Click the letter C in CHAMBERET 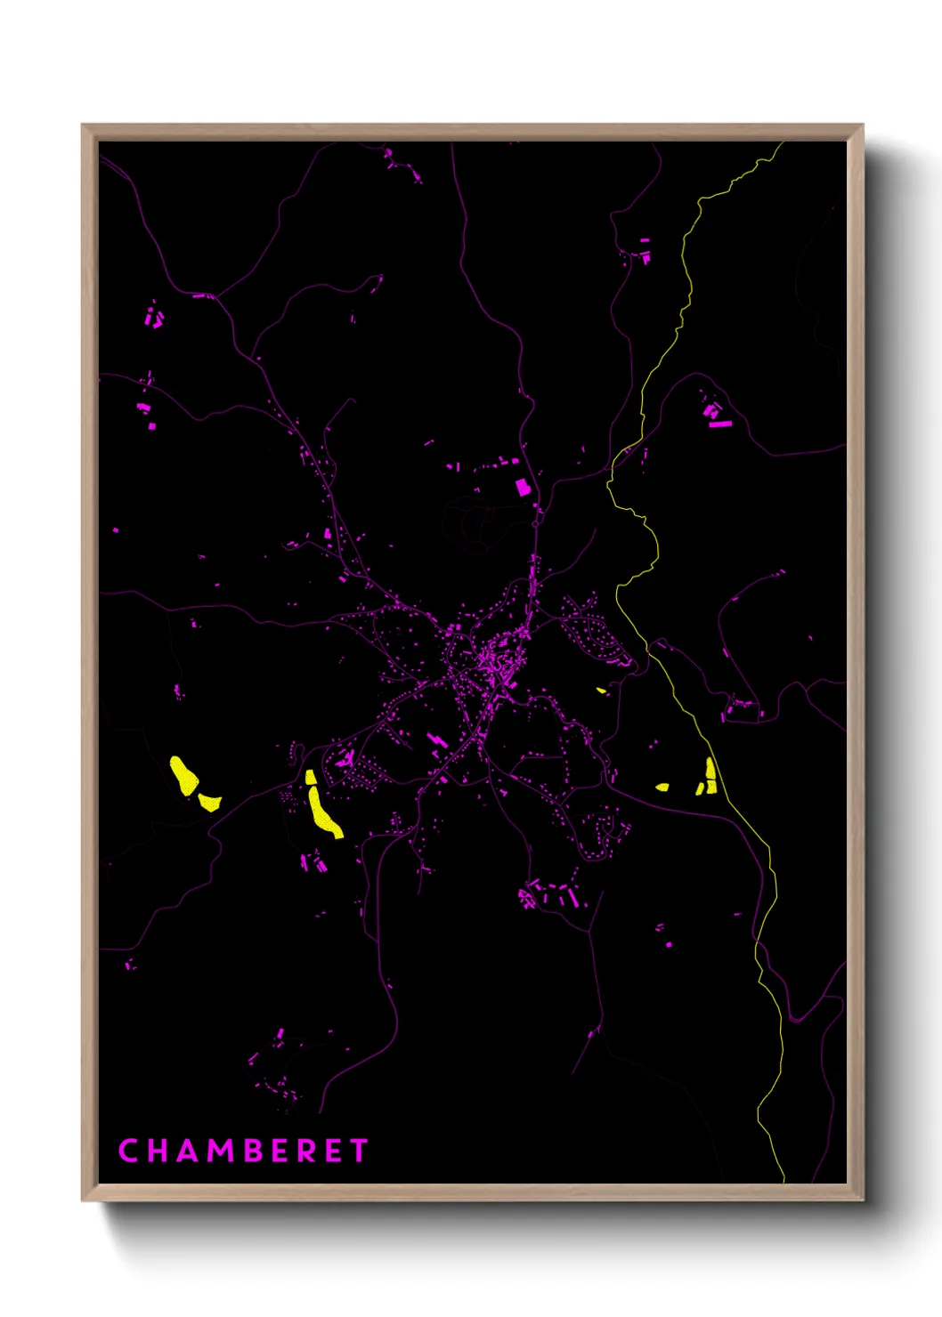128,1151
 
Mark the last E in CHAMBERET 333,1151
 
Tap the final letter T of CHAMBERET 358,1151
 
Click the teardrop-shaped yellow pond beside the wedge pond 184,776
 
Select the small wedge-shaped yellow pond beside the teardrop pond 209,802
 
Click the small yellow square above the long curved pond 311,777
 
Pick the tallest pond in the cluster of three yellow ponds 711,774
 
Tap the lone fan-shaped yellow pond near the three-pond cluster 662,787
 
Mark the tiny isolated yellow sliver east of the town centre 602,690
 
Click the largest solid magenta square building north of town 523,487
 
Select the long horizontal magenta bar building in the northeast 719,424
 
